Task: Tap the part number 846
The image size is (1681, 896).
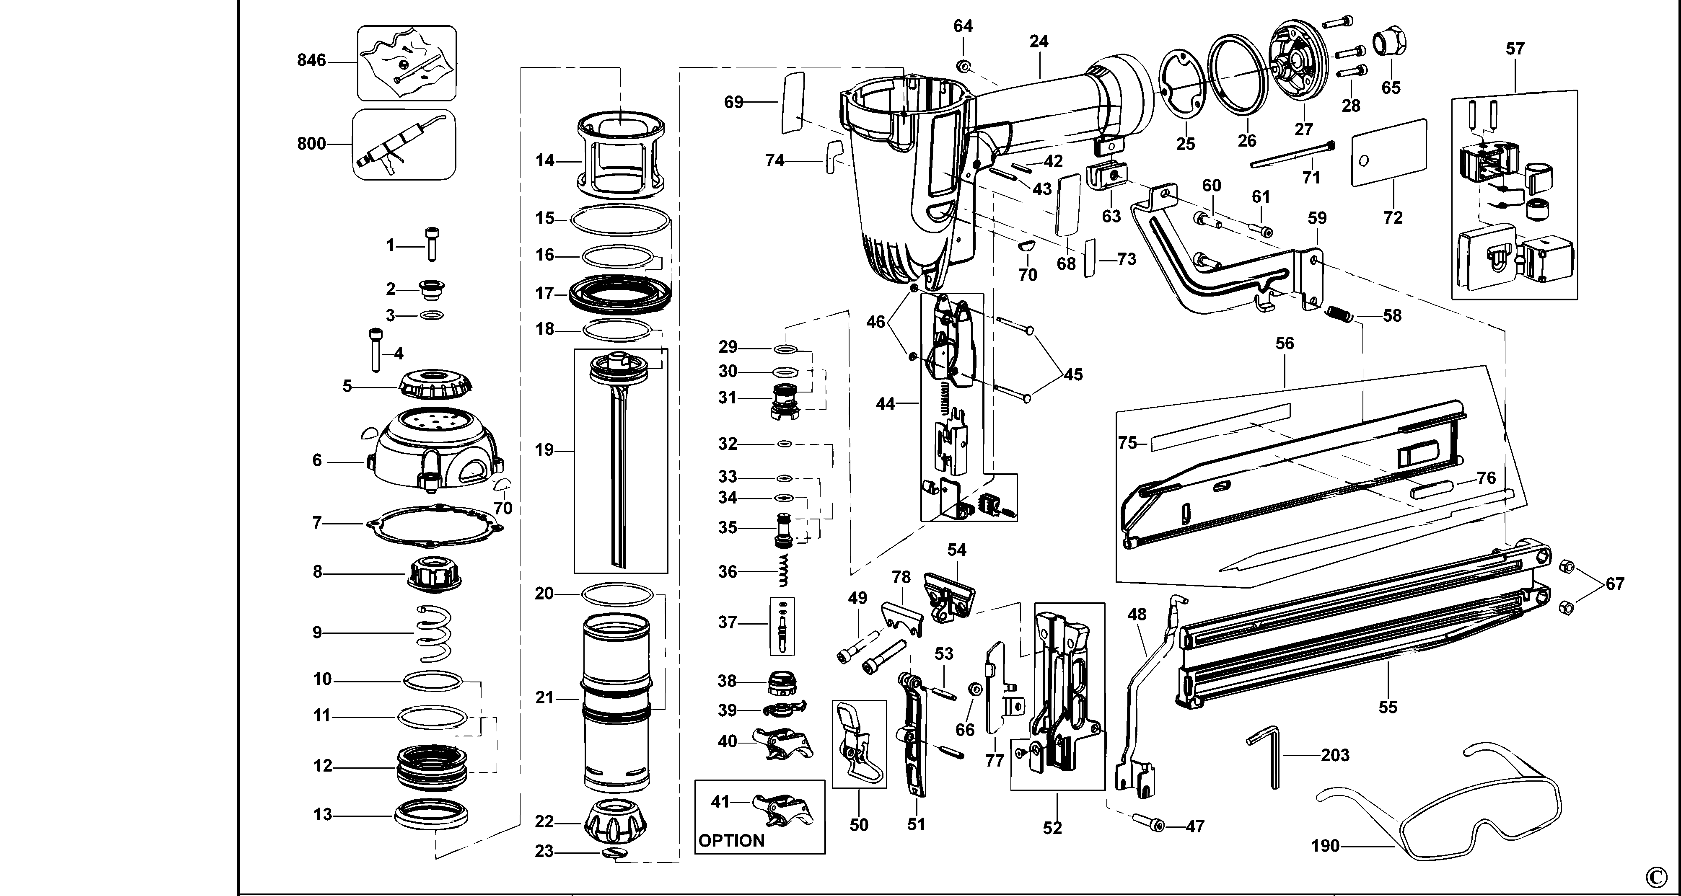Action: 311,61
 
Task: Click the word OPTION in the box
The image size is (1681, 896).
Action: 731,841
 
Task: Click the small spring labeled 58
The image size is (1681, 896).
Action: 1340,314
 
